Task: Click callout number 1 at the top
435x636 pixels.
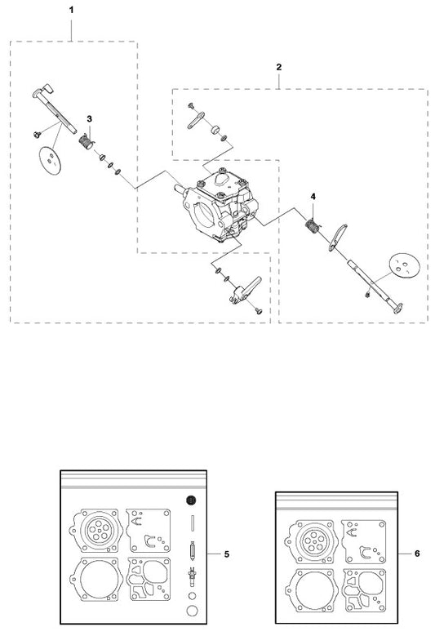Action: [72, 10]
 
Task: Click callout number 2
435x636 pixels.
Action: [279, 67]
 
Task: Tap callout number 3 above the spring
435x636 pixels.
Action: [89, 119]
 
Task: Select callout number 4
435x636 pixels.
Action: [313, 196]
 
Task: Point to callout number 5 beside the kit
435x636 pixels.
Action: [227, 554]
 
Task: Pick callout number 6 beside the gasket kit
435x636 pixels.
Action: [417, 554]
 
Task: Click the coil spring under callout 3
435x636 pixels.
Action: [86, 141]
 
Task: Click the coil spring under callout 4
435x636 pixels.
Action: [312, 226]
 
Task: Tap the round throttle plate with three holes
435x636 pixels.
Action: [403, 266]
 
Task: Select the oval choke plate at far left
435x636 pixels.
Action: [51, 160]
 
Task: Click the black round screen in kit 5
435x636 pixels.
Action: [192, 500]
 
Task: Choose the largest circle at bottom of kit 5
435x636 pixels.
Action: [192, 611]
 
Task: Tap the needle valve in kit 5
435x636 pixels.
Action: [192, 551]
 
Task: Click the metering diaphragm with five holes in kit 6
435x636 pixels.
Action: [312, 542]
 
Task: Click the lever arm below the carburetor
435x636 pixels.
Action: [245, 291]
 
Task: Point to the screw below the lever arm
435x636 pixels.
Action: [259, 311]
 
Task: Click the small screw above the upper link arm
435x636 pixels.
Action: [191, 106]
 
